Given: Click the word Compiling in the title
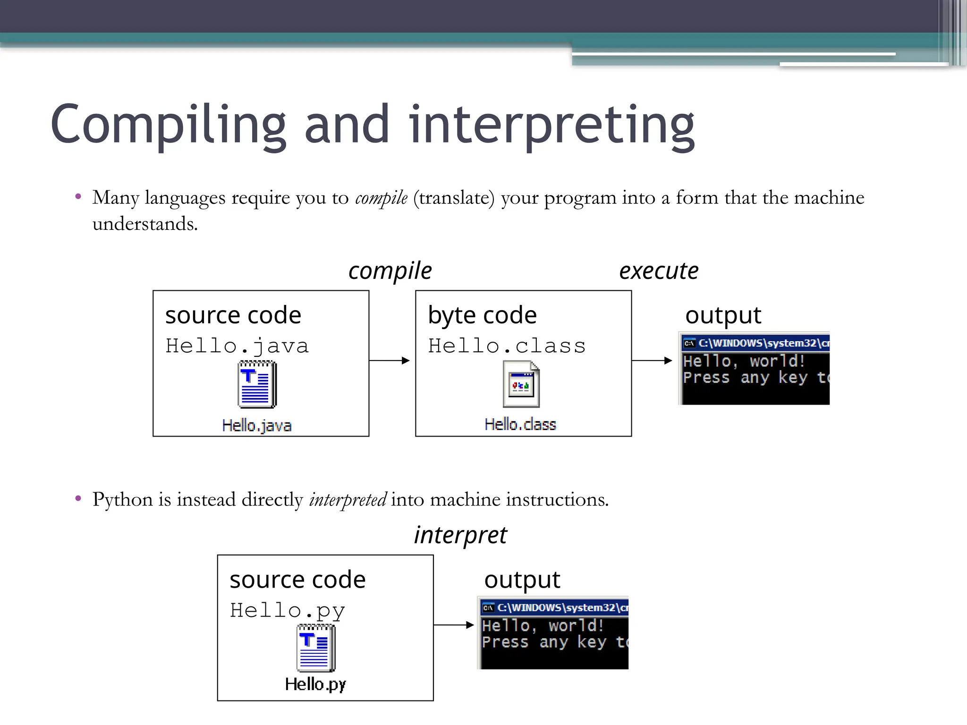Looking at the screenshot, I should click(168, 125).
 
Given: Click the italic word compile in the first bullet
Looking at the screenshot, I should click(381, 198).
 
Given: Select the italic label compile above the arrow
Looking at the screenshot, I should click(390, 271).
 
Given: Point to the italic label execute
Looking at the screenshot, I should click(659, 271).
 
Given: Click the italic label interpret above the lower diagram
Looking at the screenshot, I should click(460, 535).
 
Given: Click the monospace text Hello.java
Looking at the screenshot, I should click(237, 346).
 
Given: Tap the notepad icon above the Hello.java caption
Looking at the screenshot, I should click(257, 384).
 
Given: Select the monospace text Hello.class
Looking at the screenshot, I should click(507, 346).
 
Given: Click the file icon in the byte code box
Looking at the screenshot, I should click(521, 384).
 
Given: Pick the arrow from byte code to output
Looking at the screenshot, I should click(652, 361).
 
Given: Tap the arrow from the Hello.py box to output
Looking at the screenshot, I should click(454, 625).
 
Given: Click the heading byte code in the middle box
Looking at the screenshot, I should click(482, 315).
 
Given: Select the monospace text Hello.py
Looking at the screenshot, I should click(288, 611).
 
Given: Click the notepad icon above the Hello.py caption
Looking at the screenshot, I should click(316, 648).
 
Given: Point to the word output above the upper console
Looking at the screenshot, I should click(723, 315).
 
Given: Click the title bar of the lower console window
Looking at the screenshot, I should click(555, 607).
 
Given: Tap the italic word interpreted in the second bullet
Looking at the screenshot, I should click(348, 500).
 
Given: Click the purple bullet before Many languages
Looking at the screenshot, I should click(78, 196).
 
